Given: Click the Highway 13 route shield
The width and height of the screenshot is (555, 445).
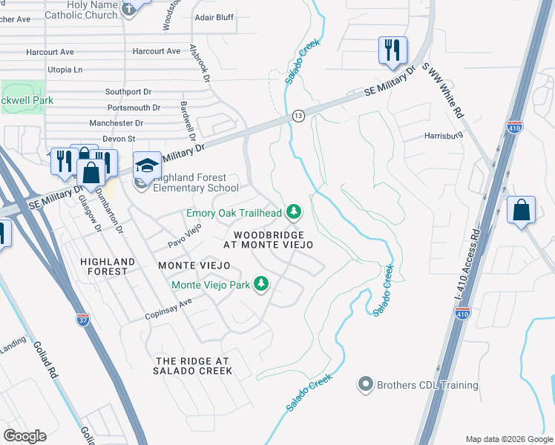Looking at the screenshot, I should point(298,116).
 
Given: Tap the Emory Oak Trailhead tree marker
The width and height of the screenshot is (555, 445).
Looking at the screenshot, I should point(295,213).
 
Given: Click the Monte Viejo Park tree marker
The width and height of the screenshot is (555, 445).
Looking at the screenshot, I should point(261,284).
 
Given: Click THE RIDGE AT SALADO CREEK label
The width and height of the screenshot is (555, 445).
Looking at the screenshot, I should point(194,366).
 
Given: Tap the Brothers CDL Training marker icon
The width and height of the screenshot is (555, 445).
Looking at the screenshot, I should point(365,385).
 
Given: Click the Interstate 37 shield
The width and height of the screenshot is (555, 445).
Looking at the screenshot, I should point(83,320).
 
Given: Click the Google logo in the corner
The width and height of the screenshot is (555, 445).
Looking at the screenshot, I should point(24,436).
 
